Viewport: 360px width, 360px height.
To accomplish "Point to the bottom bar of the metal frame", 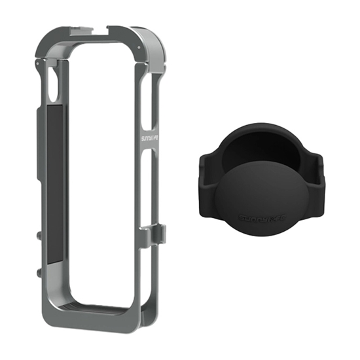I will point(92,319).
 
